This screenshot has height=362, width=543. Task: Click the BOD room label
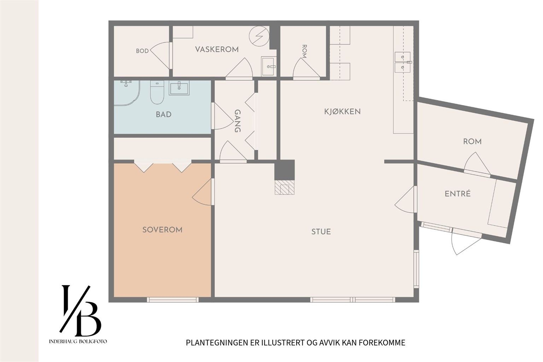[142, 51]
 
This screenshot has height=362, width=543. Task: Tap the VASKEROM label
[217, 49]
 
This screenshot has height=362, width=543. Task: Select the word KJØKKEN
[342, 111]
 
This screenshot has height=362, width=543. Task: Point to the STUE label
[321, 232]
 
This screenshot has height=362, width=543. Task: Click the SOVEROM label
[162, 230]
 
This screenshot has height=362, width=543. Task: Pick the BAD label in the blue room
[164, 115]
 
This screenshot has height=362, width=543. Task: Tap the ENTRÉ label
[458, 193]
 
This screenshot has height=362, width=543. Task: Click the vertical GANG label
[237, 121]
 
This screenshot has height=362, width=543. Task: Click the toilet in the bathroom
[157, 92]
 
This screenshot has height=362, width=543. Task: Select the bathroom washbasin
[179, 88]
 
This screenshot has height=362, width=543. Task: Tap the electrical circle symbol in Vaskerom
[259, 36]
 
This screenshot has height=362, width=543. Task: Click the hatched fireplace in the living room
[285, 187]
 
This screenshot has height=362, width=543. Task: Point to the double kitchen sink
[402, 62]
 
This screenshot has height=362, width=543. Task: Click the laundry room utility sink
[268, 66]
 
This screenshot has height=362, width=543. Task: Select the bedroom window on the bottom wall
[173, 300]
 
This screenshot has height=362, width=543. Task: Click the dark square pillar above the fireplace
[285, 169]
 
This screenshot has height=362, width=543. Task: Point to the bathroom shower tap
[125, 83]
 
